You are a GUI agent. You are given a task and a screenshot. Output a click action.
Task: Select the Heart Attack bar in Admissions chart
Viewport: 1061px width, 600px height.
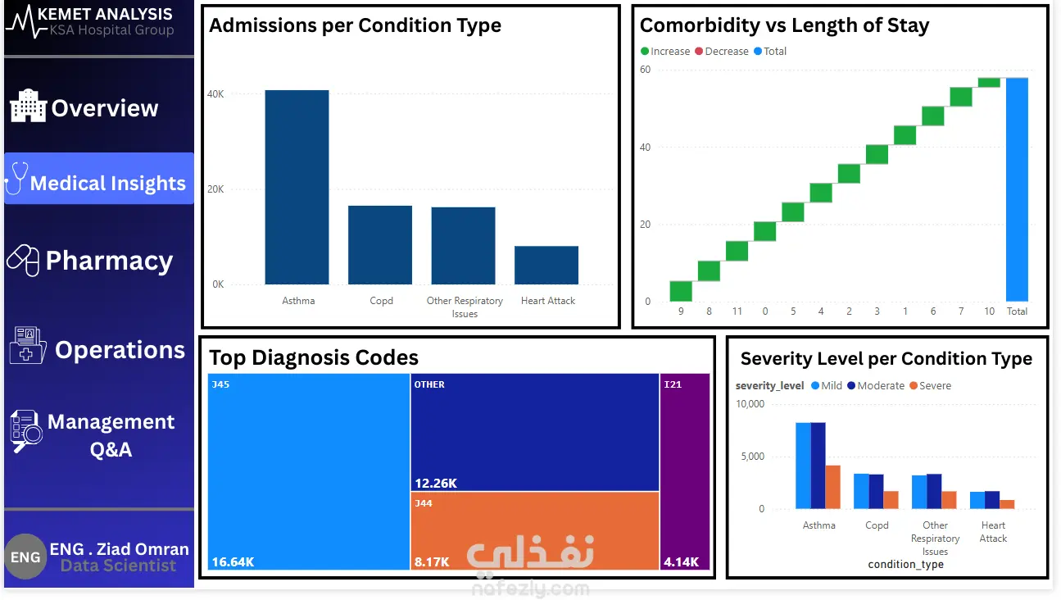(546, 265)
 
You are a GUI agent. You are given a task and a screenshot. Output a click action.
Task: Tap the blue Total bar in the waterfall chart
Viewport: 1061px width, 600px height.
(1017, 189)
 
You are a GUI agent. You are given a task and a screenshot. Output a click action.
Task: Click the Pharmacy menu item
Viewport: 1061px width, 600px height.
(99, 261)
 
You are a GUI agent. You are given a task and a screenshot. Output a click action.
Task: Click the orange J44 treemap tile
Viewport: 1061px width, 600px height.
(535, 530)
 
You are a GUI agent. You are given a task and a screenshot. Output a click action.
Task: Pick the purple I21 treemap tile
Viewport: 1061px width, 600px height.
(684, 471)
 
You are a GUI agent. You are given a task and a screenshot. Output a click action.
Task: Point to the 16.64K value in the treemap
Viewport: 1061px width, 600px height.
(233, 562)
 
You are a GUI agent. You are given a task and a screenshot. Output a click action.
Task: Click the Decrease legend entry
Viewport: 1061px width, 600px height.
(721, 52)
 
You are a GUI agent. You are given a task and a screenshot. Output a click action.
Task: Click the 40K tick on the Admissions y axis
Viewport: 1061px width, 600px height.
(215, 94)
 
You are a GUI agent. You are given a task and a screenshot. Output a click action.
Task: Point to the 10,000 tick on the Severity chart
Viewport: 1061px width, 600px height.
(750, 404)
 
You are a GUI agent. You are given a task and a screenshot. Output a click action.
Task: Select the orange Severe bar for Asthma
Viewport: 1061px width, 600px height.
(832, 487)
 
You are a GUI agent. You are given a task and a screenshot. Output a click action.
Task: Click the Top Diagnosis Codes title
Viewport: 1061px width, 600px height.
(314, 358)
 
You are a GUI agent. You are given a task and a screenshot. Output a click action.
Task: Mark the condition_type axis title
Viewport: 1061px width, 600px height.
(905, 565)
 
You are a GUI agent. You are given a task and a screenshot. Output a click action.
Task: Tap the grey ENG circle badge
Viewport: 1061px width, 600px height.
(25, 557)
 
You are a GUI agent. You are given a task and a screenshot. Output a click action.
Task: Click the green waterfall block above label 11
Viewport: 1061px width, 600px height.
(737, 251)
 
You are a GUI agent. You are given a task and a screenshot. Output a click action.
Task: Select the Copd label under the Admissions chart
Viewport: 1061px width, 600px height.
(381, 301)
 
